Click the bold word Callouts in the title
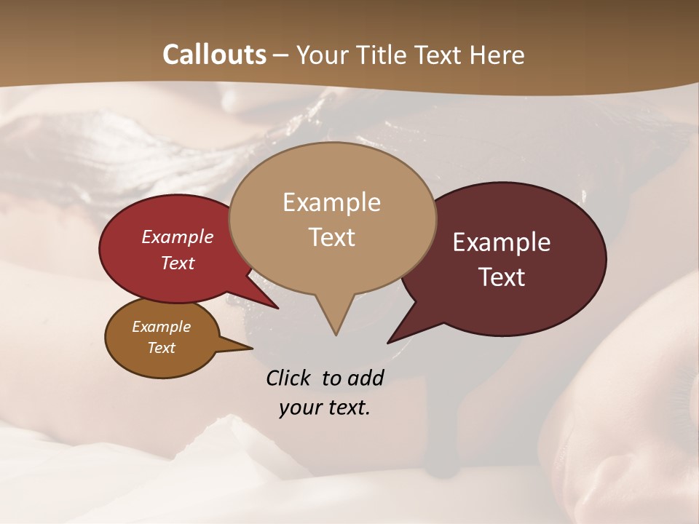click(214, 55)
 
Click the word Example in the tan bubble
click(331, 202)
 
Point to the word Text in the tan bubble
click(332, 237)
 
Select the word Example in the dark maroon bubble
click(502, 242)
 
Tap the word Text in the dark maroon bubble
click(502, 277)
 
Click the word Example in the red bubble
click(178, 237)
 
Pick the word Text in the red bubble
click(178, 263)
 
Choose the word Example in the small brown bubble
click(161, 327)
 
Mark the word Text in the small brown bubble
click(161, 348)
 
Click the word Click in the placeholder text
click(290, 378)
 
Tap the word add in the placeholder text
click(366, 378)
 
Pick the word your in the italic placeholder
click(300, 408)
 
